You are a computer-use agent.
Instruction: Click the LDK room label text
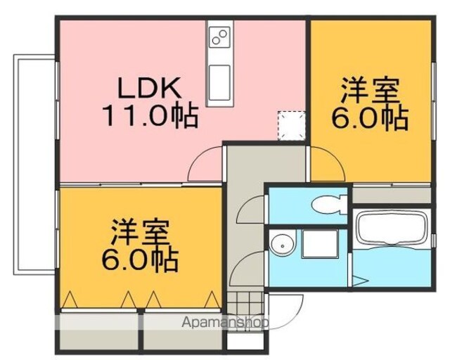(x=149, y=88)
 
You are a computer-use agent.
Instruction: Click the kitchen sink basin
(x=219, y=82)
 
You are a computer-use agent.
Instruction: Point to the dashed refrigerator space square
(x=291, y=126)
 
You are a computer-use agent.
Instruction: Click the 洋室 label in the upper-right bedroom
(x=371, y=91)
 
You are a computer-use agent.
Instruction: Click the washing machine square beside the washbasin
(x=319, y=244)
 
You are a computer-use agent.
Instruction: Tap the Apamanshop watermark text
(x=225, y=323)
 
